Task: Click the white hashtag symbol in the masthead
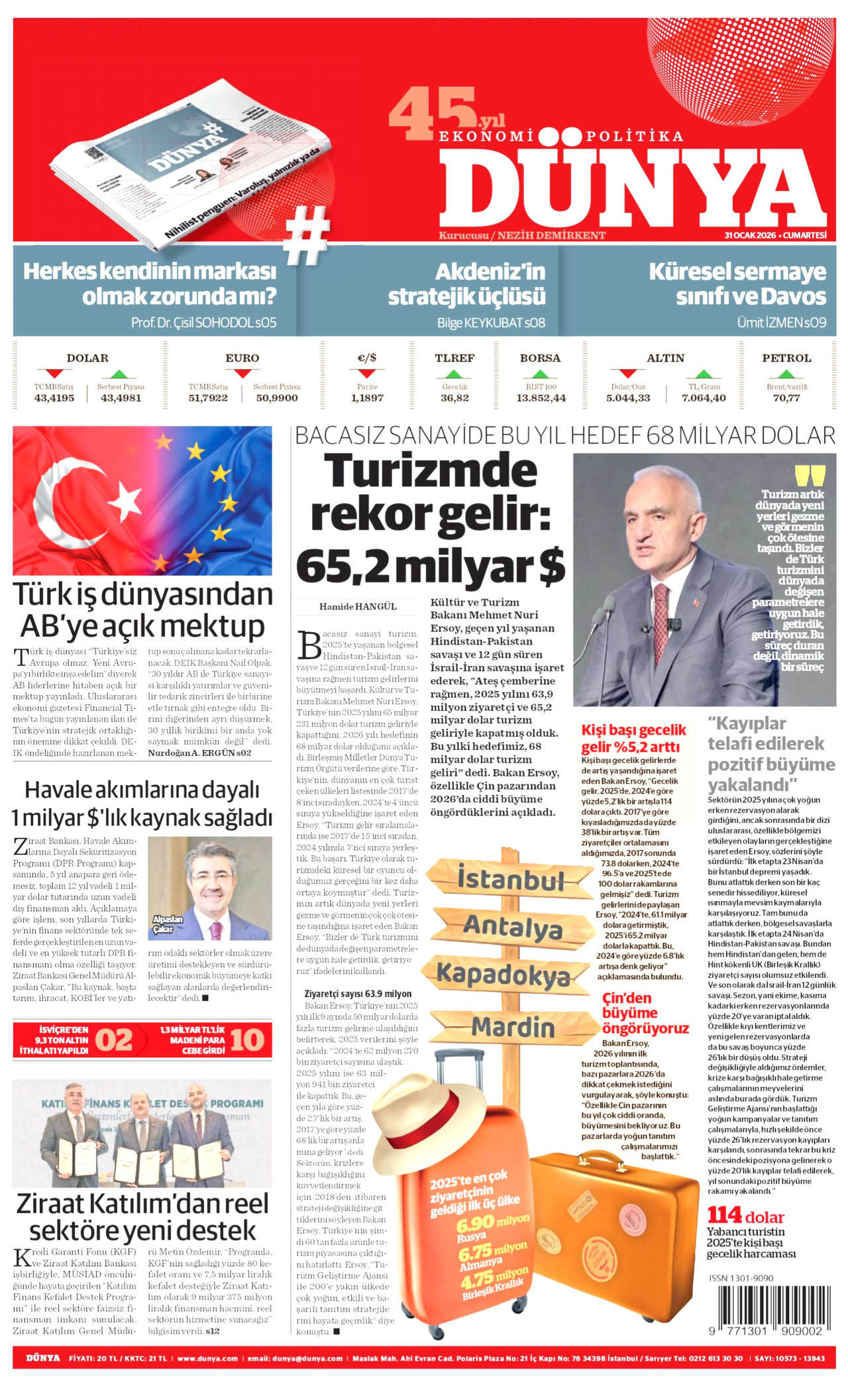point(307,235)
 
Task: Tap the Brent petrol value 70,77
point(786,398)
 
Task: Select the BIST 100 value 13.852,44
point(541,398)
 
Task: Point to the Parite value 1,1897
point(367,398)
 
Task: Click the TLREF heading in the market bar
point(454,358)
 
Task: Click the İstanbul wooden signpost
point(510,880)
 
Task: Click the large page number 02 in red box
point(114,1040)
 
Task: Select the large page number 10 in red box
point(248,1040)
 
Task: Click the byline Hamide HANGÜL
point(358,606)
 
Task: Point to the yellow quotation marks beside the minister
point(810,476)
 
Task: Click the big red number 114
point(724,1215)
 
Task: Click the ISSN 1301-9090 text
point(741,1278)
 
